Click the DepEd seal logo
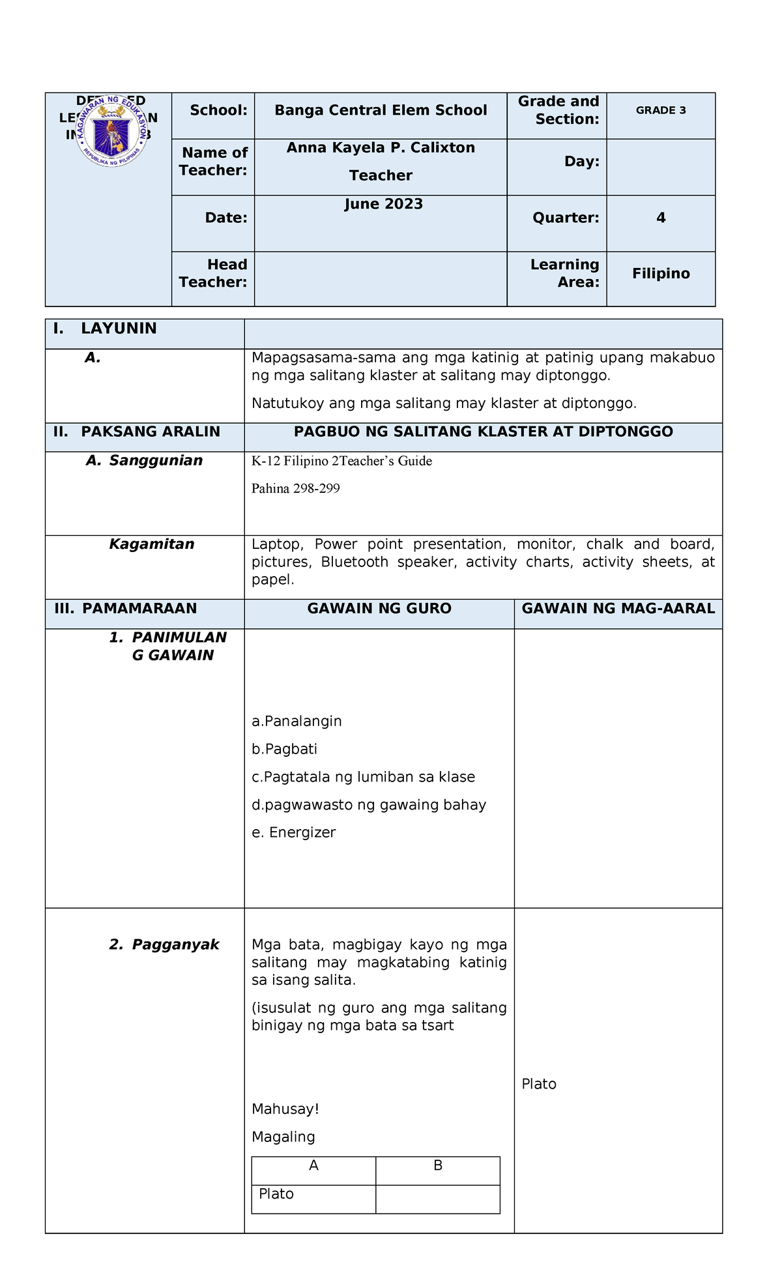click(x=111, y=130)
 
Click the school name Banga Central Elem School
click(x=381, y=110)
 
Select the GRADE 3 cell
click(x=661, y=110)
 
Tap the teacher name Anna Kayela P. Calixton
click(x=381, y=148)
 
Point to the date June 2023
click(x=384, y=205)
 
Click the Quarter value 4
click(x=661, y=218)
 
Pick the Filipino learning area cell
click(x=661, y=274)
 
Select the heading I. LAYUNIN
click(x=105, y=329)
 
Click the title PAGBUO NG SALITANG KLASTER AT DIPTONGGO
click(x=483, y=432)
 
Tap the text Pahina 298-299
click(x=295, y=489)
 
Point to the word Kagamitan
click(x=152, y=544)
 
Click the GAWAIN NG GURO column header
click(x=379, y=609)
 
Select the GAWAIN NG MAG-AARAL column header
click(x=618, y=609)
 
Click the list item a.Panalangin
click(x=297, y=721)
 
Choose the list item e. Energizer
click(x=293, y=832)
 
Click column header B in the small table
click(x=437, y=1165)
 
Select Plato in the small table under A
click(x=276, y=1193)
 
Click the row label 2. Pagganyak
click(x=164, y=944)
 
